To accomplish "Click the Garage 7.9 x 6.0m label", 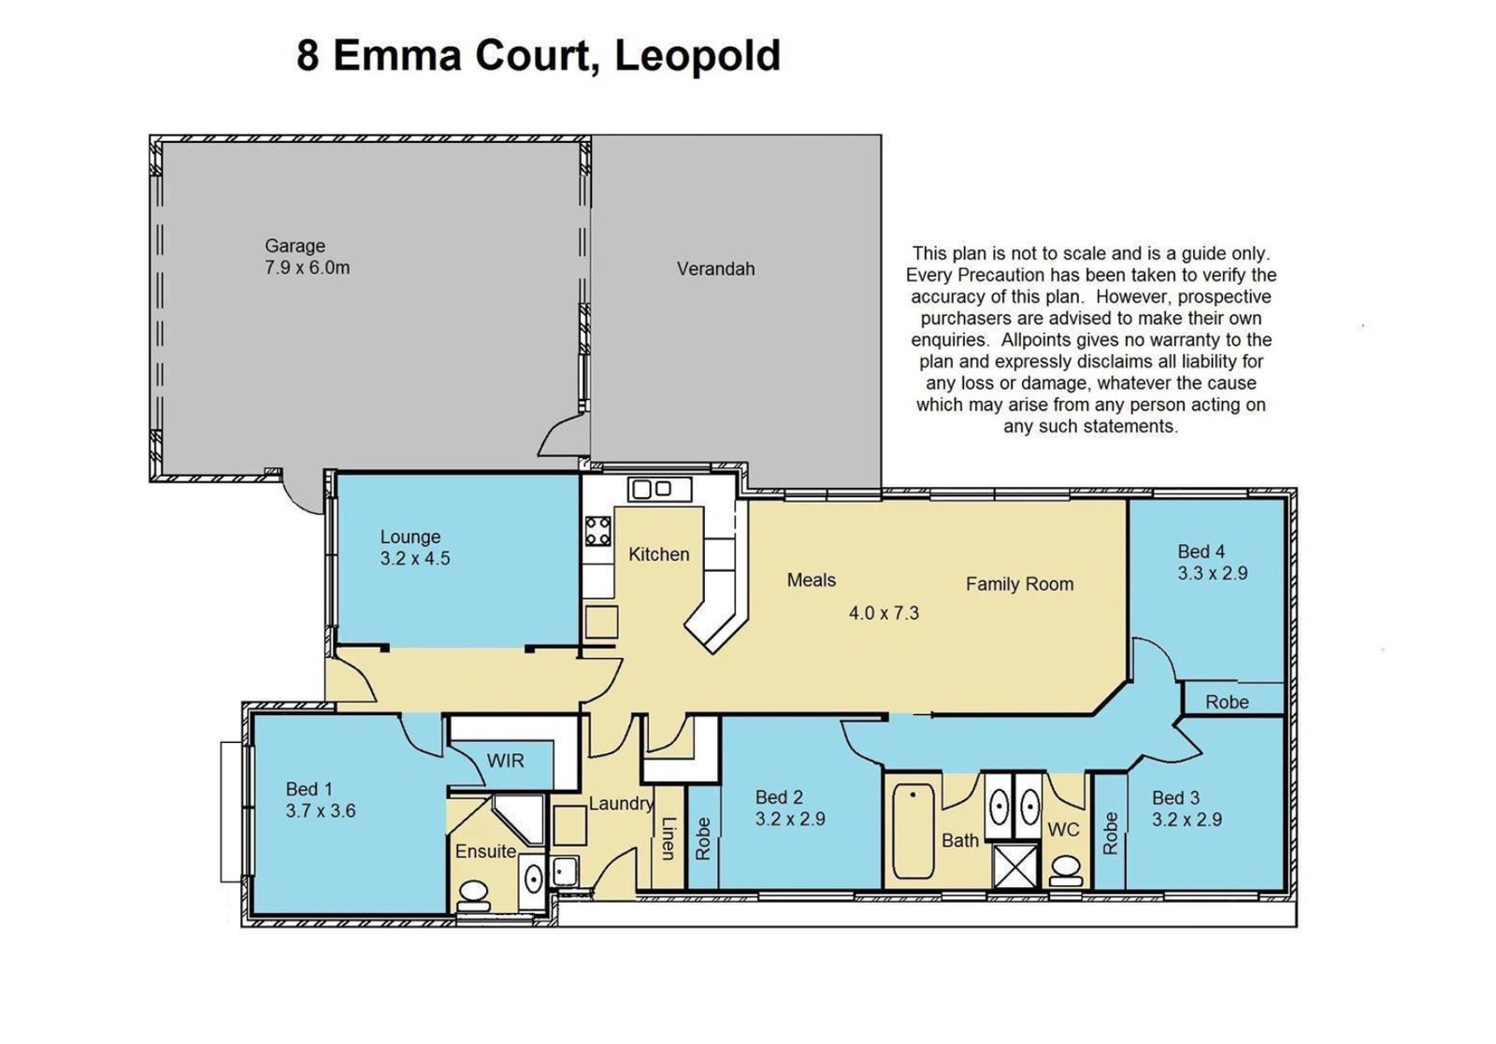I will [307, 257].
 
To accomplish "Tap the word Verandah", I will [715, 269].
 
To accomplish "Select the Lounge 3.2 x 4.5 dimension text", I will [414, 558].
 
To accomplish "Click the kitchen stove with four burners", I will [598, 531].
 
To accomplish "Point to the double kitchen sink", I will [660, 489].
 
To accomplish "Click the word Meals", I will [811, 580].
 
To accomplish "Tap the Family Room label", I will [1019, 584].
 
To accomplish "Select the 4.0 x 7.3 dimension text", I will [884, 613].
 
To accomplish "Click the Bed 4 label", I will [1201, 551].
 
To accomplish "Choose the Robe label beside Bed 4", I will [1227, 702].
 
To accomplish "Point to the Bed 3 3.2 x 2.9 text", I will [1187, 809].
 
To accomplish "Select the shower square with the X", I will [1015, 865].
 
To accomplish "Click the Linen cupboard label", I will [668, 838].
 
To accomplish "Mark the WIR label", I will [505, 761].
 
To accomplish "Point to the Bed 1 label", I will [309, 790].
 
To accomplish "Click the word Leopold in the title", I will [697, 55].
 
